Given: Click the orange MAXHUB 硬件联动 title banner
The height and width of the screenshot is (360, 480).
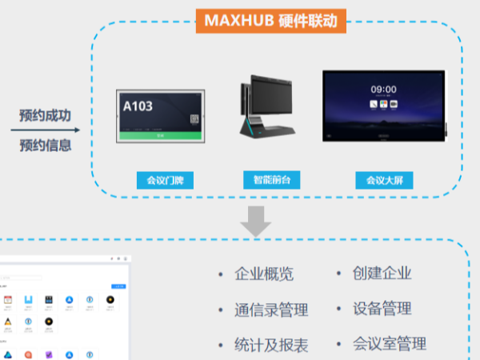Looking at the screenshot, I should [271, 18].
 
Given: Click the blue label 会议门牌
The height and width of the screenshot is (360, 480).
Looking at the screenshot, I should [159, 180].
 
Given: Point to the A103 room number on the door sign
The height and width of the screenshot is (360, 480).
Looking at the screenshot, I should [138, 106].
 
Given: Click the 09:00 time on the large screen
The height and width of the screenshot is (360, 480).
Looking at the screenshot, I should [383, 90].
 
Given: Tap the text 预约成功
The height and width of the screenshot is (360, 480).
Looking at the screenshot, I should [46, 115].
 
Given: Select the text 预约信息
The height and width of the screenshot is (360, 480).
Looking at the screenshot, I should [46, 146].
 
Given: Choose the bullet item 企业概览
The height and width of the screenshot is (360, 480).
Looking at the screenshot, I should [264, 274].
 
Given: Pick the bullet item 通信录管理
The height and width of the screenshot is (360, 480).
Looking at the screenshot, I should [271, 310].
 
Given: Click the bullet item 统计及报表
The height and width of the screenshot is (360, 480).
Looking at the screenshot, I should [271, 346].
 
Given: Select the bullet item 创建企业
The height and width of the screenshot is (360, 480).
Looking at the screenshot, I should [382, 273].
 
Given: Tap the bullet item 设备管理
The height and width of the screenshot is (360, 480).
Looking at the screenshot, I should [382, 309].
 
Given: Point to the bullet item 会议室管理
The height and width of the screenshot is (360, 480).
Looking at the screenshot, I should [389, 344].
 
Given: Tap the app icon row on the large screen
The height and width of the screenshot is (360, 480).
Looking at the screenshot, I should [383, 104].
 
